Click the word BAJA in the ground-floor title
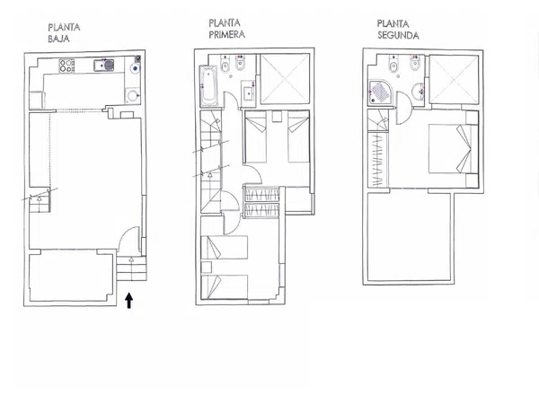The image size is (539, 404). [x=58, y=39]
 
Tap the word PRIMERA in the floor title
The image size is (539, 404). [x=227, y=35]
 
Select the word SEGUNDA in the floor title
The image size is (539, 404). [x=398, y=35]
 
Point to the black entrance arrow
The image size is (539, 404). [x=128, y=300]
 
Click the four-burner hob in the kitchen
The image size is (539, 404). [x=67, y=66]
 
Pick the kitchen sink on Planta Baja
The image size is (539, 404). [x=104, y=66]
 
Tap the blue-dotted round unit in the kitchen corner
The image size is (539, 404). [x=136, y=68]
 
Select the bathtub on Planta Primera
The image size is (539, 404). [x=208, y=86]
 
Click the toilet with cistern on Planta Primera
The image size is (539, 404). [x=225, y=64]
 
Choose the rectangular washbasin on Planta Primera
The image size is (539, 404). [x=249, y=91]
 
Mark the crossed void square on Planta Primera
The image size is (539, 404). [x=285, y=79]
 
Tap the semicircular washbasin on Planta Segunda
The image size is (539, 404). [x=418, y=91]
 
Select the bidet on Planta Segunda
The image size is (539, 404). [x=415, y=64]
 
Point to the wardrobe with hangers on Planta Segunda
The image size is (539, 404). [x=378, y=160]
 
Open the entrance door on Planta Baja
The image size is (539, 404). [x=129, y=240]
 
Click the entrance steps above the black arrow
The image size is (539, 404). [x=131, y=268]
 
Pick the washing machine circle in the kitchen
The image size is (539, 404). [x=132, y=95]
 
